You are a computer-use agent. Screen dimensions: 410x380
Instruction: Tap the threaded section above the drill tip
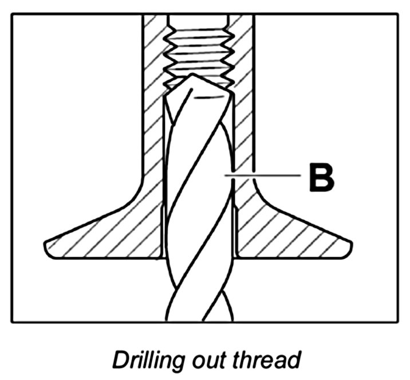tap(198, 46)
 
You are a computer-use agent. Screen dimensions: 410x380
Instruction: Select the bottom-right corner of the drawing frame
tap(397, 322)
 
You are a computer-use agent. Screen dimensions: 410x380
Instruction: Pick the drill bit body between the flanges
tap(198, 229)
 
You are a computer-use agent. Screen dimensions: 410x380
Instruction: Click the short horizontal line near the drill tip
tap(207, 98)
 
